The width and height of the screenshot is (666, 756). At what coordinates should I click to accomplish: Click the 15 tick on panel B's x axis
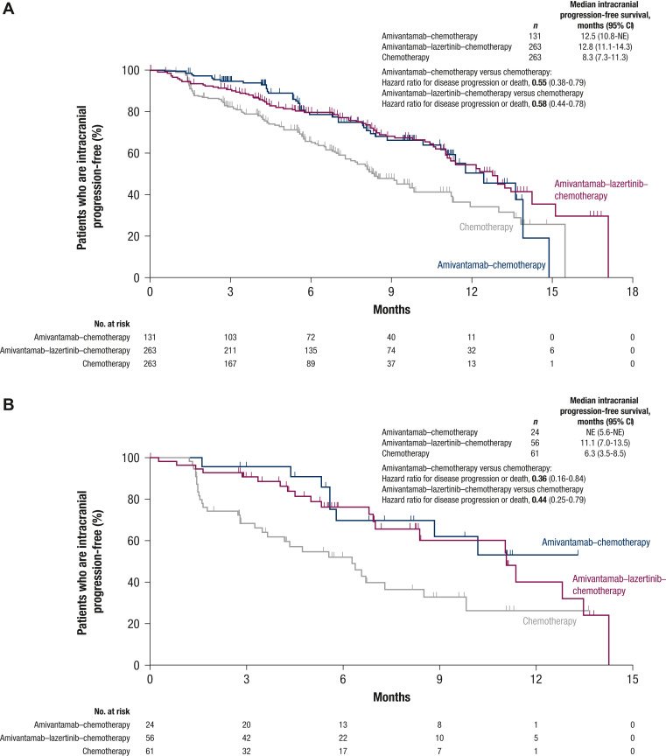(x=632, y=678)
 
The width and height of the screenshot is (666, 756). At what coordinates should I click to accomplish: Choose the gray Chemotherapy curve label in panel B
(x=550, y=621)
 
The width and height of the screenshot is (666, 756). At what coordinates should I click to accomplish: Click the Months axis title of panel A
(x=390, y=309)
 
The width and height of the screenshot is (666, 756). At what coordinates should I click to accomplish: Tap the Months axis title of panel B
(x=390, y=697)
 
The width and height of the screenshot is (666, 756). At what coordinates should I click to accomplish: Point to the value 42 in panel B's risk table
(x=246, y=738)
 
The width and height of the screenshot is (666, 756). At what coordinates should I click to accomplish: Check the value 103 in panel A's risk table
(x=230, y=336)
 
